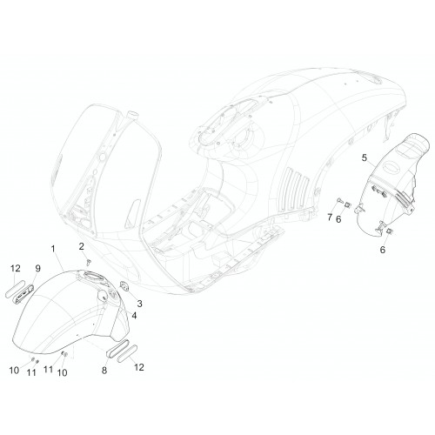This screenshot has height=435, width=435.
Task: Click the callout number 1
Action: pos(53,249)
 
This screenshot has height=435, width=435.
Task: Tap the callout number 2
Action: pos(82,246)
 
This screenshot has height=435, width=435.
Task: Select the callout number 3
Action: pos(139,304)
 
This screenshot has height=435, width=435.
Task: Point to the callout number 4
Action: pos(134,316)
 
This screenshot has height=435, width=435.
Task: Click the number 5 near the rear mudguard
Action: pos(365,158)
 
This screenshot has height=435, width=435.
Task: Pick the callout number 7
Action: pos(330,217)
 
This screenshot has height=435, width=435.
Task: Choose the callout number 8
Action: pos(104,371)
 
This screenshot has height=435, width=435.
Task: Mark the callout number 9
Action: pos(38,269)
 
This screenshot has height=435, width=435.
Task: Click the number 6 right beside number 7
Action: pos(338,219)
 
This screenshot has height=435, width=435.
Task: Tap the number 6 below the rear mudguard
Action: pos(383,250)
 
